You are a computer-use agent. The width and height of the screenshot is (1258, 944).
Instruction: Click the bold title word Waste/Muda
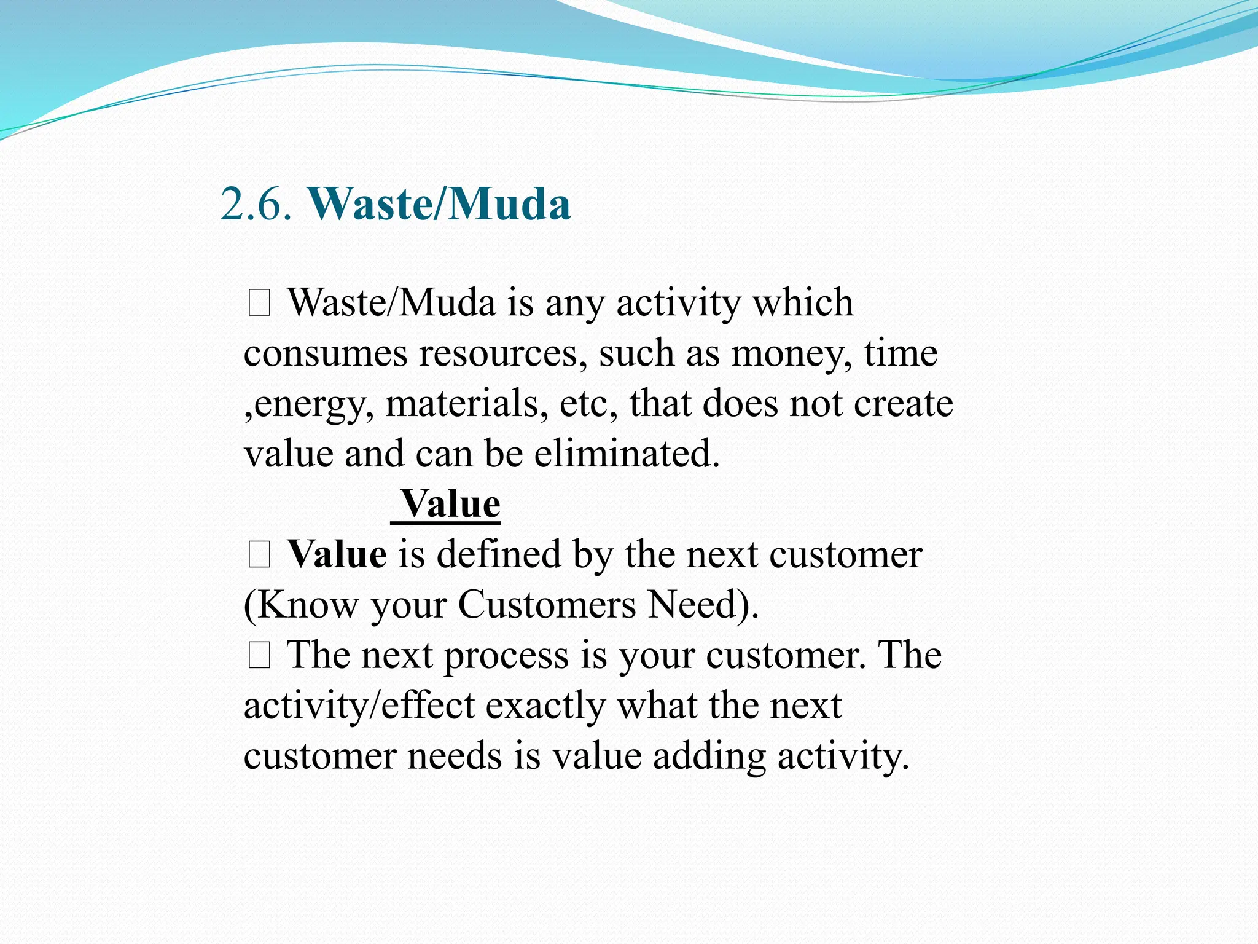tap(439, 204)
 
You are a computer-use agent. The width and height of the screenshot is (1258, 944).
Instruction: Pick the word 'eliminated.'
tap(627, 455)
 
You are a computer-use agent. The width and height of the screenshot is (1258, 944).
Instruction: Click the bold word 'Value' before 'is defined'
tap(337, 555)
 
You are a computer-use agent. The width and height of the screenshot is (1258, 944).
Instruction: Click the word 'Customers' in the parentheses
tap(547, 605)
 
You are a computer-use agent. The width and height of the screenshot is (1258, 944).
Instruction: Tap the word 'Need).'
tap(704, 605)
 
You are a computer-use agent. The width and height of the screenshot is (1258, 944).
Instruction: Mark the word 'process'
tap(507, 656)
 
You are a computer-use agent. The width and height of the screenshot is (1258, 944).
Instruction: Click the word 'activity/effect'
tap(359, 706)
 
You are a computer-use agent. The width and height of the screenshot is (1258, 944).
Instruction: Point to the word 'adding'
tap(709, 757)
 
